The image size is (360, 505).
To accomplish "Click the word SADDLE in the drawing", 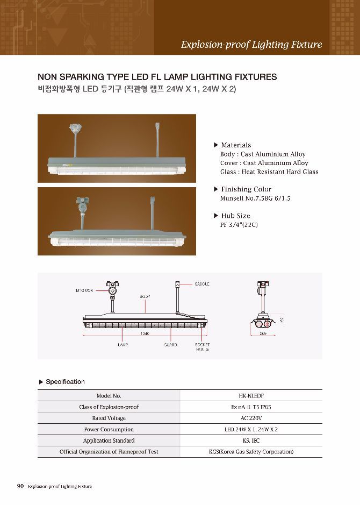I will pos(202,284).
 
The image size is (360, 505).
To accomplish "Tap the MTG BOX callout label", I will pos(84,290).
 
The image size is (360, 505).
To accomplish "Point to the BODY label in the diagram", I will pos(145,296).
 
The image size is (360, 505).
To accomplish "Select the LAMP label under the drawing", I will pos(123,344).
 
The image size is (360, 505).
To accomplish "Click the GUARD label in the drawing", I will pos(170,344).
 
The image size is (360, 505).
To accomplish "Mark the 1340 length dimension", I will pos(144,334).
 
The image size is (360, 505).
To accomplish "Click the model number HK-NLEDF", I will pos(251,396).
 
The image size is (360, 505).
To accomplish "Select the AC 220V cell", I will pos(251,418).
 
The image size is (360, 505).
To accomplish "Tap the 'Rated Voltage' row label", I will pos(109,418).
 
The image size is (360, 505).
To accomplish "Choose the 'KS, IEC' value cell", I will pos(251,440).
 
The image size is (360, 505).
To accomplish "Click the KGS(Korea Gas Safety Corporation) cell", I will pos(251,452).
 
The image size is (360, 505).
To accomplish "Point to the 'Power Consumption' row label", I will pos(109,429).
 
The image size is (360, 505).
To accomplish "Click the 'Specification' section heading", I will pos(65,382).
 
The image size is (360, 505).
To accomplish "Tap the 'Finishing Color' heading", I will pos(246,189).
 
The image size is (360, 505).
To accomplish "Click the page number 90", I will pos(20,486).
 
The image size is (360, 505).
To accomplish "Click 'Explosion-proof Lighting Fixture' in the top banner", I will pos(251,45).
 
